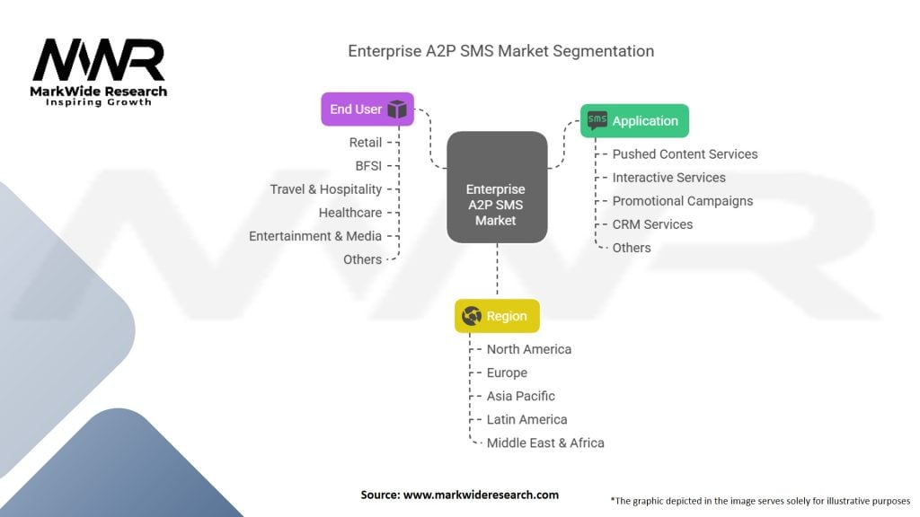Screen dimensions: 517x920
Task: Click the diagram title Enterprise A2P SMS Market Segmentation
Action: coord(500,51)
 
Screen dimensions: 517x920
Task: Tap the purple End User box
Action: coord(367,110)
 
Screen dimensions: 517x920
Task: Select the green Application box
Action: coord(635,121)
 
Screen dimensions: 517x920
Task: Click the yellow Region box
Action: coord(497,316)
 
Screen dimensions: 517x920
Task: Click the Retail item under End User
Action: coord(365,143)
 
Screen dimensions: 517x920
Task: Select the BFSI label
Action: coord(368,166)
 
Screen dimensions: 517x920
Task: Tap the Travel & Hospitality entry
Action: coord(325,189)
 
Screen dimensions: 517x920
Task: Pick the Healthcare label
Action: coord(349,213)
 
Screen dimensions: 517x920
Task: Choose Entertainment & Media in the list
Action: coord(314,236)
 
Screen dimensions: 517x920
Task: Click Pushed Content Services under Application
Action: coord(685,154)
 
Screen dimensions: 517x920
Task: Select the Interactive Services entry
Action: coord(668,178)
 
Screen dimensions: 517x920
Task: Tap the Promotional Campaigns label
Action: coord(682,201)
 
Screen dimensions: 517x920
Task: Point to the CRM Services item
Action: coord(652,224)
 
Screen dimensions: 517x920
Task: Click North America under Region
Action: coord(528,349)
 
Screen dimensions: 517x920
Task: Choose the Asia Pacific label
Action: coord(520,396)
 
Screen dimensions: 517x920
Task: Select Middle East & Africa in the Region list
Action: coord(544,443)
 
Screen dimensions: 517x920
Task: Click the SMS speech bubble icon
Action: coord(597,120)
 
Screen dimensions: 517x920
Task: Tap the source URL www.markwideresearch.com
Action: coord(481,495)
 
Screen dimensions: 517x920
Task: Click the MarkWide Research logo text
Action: coord(100,92)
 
